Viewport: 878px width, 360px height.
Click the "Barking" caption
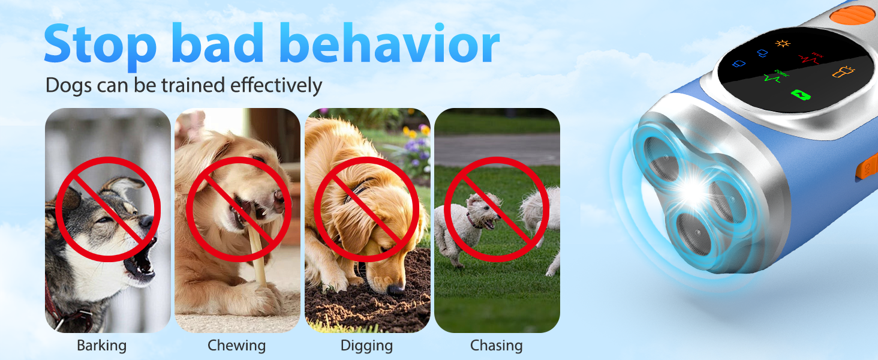[102, 346]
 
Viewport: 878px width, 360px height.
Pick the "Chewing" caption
[236, 346]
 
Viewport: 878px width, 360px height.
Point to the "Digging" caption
[366, 346]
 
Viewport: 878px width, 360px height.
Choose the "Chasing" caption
[496, 346]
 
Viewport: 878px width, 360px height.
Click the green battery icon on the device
[799, 95]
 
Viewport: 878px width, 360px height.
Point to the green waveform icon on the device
[772, 76]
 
